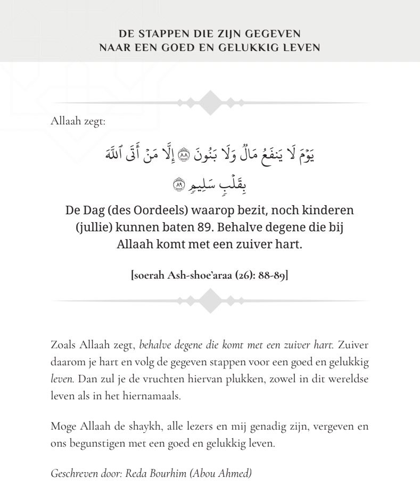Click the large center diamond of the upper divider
[x=211, y=103]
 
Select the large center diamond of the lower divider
[x=211, y=301]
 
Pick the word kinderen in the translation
[x=325, y=211]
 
